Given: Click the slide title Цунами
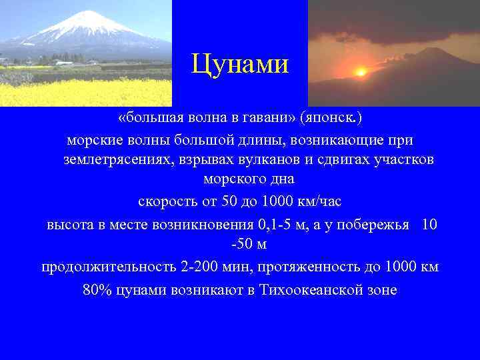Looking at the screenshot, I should [x=239, y=65].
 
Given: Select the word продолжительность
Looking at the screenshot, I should [x=109, y=267].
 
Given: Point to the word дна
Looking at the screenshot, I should [x=282, y=180].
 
